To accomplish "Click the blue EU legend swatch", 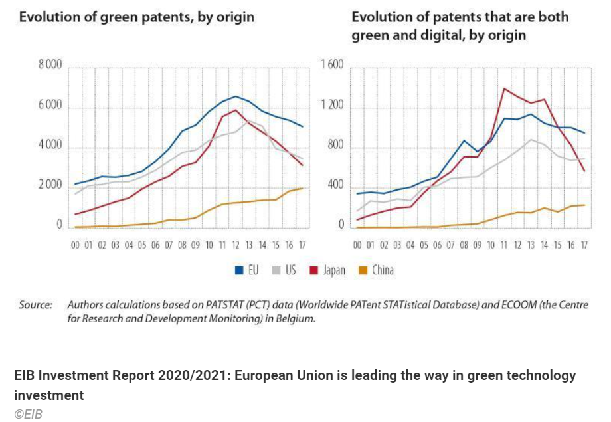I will [x=241, y=270].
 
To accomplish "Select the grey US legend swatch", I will [x=278, y=270].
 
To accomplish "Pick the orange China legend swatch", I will [x=363, y=270].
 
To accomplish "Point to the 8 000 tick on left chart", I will [x=49, y=66].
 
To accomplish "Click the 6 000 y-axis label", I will [x=49, y=106].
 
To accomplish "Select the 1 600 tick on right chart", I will [x=332, y=66].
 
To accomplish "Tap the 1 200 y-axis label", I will [x=332, y=106].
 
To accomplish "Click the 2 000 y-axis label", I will [x=49, y=185].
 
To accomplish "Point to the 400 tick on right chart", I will [x=337, y=185].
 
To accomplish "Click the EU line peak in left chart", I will [x=236, y=96].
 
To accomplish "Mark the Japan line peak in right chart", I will [x=504, y=88].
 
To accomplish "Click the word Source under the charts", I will [x=35, y=305].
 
